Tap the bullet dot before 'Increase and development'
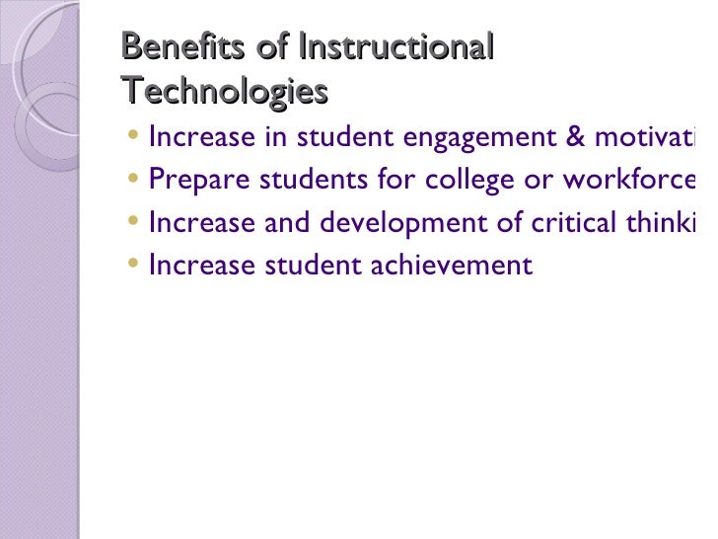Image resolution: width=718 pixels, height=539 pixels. click(134, 223)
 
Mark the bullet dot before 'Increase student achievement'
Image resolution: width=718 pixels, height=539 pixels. click(134, 265)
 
